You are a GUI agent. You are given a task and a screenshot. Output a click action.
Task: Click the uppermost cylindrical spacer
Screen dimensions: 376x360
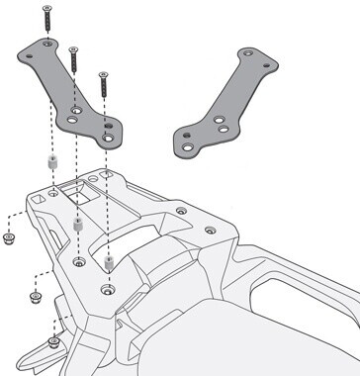point(45,163)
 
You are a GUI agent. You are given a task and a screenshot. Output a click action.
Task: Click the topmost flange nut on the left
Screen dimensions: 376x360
point(11,240)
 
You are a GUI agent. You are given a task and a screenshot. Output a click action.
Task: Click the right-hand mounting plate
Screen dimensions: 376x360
point(225,104)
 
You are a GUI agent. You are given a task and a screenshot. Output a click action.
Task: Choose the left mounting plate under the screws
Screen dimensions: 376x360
point(79,94)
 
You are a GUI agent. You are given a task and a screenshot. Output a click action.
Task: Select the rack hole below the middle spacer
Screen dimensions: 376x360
point(78,261)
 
